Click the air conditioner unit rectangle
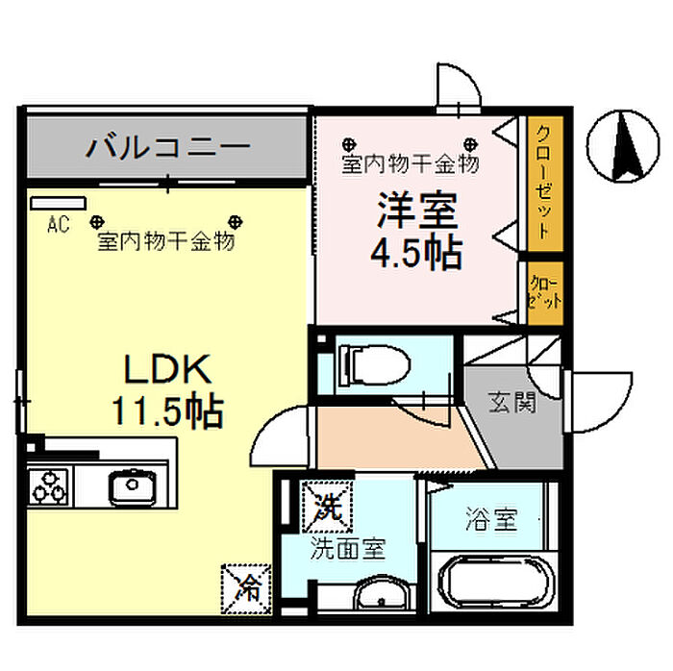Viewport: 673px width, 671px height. (58, 203)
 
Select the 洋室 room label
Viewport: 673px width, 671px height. (416, 212)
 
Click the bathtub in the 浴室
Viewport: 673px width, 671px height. (491, 581)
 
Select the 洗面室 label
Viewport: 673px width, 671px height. (347, 549)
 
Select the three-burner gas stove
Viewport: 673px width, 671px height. (49, 485)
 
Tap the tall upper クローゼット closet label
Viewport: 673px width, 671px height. (543, 183)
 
